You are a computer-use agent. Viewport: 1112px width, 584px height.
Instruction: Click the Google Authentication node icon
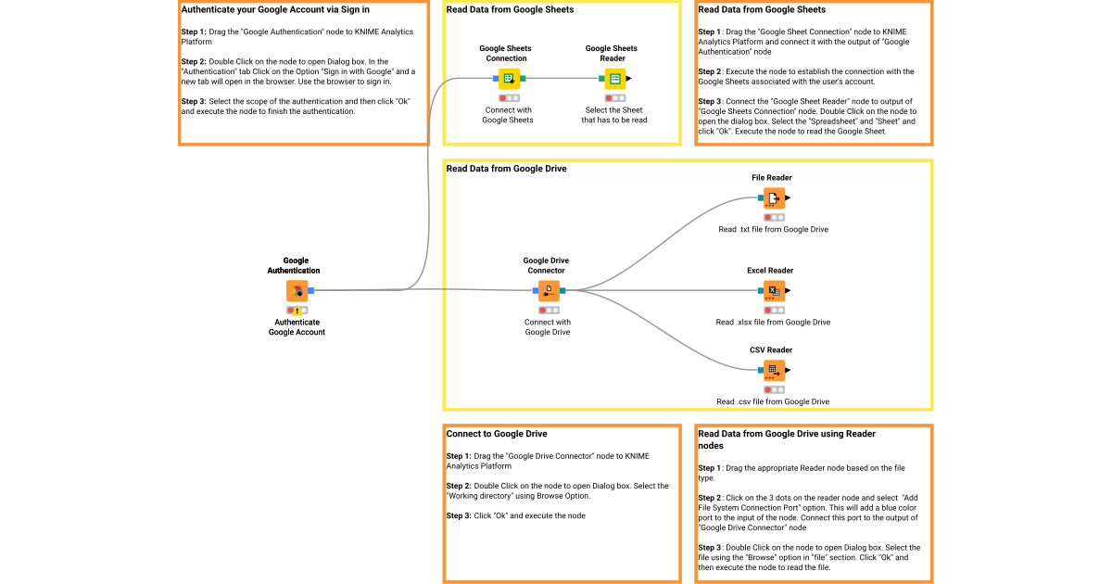(x=297, y=290)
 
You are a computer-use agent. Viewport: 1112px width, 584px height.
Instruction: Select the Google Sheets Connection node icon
(x=509, y=79)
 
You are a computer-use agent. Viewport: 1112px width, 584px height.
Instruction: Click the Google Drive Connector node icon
(x=549, y=291)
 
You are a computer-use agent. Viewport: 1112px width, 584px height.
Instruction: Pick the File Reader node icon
(x=773, y=198)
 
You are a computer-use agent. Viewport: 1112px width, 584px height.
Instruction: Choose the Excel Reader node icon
(x=773, y=291)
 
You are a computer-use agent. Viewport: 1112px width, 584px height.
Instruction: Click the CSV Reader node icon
(x=773, y=370)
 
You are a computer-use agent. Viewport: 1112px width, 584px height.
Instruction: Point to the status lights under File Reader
(x=773, y=217)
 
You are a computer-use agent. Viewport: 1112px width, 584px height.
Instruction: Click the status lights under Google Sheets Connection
(x=509, y=97)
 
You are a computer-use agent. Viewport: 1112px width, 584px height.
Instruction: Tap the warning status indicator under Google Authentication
(x=297, y=310)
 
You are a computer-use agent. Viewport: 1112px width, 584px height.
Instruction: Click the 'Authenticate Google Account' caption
(x=297, y=326)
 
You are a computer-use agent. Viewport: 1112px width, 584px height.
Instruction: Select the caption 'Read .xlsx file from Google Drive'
(x=773, y=323)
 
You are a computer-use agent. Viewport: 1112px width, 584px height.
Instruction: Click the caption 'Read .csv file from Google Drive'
(x=773, y=401)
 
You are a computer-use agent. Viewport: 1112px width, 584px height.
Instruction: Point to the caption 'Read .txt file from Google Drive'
(x=773, y=229)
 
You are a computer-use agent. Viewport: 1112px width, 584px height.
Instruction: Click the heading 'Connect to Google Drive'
(x=497, y=434)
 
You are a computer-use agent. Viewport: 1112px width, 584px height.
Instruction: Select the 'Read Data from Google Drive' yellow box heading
(x=506, y=169)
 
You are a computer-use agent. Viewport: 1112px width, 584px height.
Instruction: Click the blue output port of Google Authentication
(x=311, y=290)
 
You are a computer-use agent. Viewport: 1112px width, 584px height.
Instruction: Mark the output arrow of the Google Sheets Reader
(x=629, y=79)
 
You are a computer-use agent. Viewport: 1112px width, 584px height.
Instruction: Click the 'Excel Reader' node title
(x=770, y=271)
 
